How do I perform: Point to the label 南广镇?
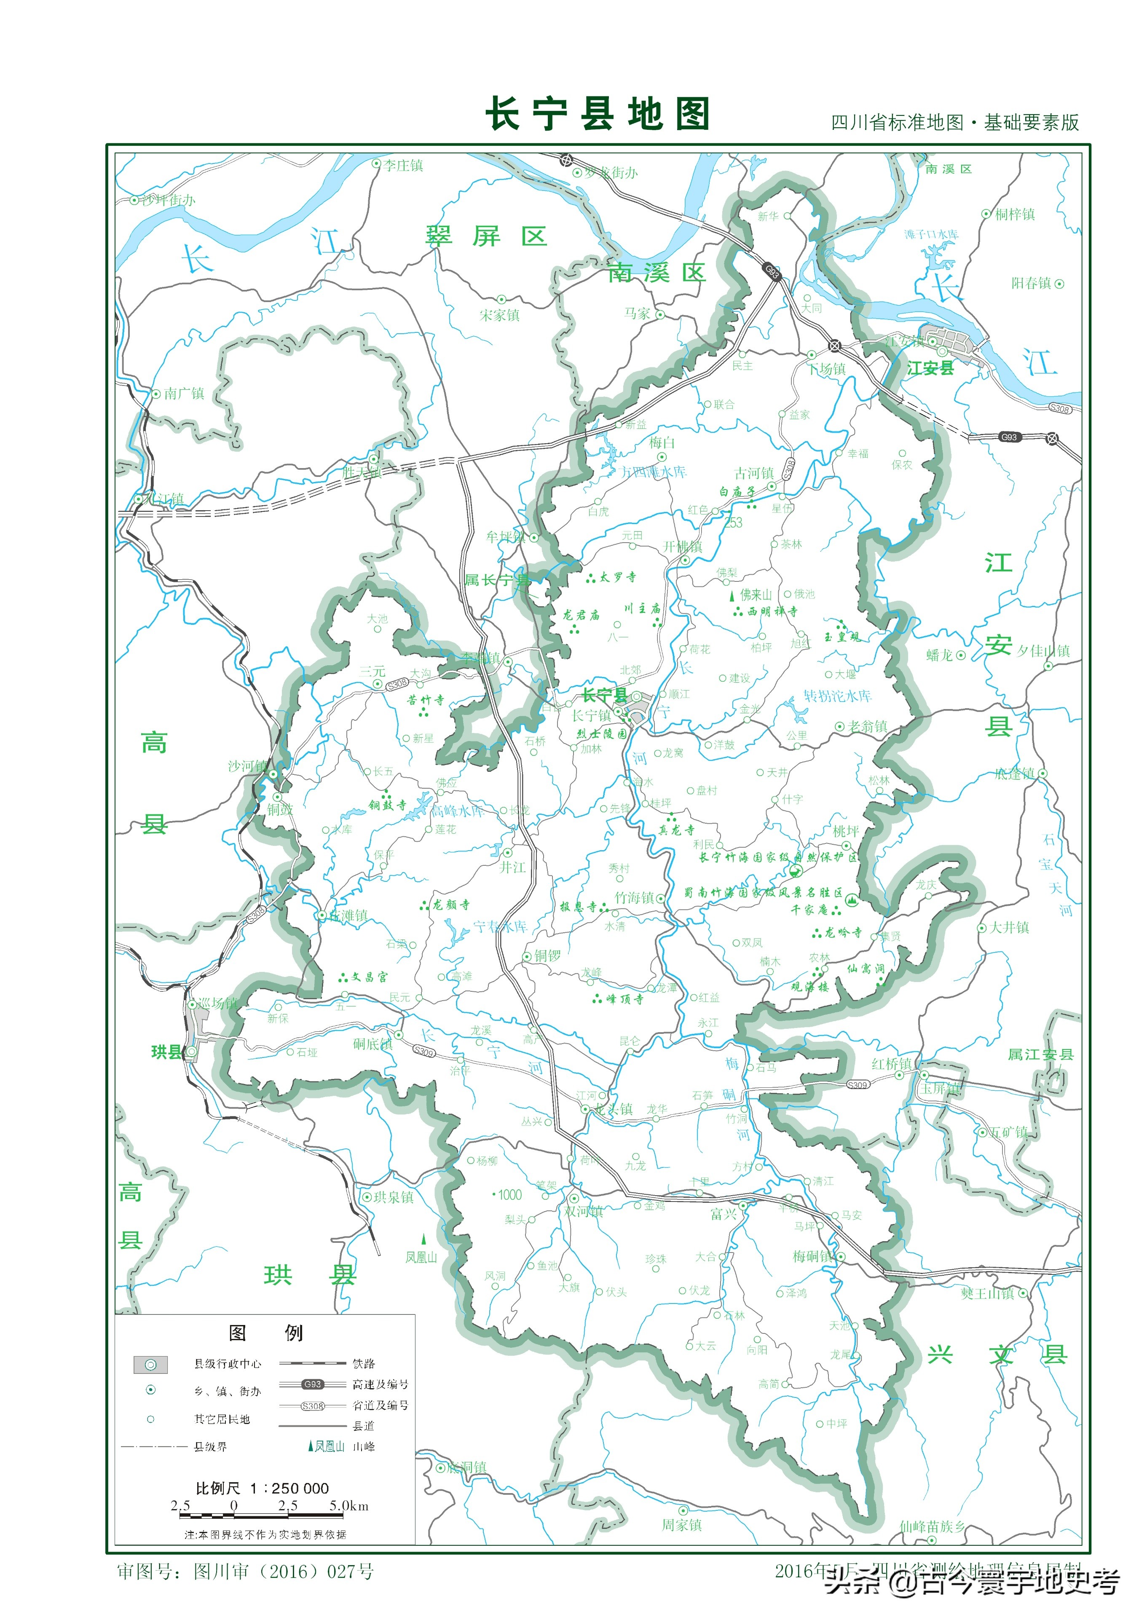point(184,393)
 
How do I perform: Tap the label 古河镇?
point(754,473)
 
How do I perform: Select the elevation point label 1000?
point(509,1195)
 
